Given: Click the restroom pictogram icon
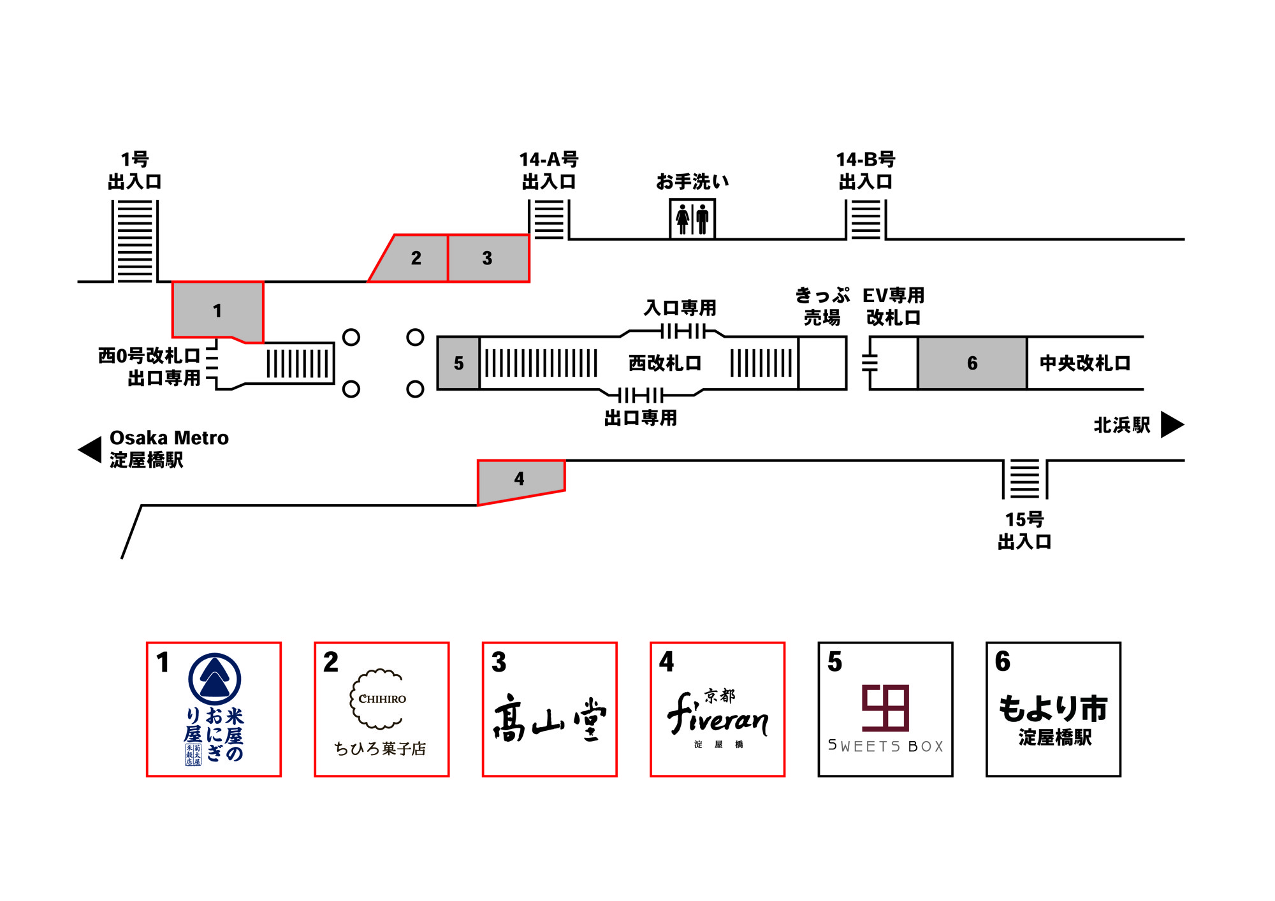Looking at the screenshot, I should point(692,219).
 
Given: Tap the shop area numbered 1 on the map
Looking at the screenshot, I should point(217,310).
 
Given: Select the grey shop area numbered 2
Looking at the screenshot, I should point(415,258).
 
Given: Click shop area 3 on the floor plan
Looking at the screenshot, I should point(488,258).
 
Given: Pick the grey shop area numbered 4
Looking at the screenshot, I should point(520,479).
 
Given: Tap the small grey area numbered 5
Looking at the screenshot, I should point(458,363).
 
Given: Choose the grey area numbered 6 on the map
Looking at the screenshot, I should point(972,363).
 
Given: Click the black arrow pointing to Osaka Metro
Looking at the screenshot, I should point(90,450).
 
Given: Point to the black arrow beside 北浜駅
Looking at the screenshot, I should point(1172,424).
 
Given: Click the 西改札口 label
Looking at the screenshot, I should point(665,363).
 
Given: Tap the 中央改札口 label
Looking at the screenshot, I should point(1085,363).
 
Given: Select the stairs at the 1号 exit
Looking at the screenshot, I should point(135,241).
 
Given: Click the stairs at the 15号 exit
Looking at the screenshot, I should point(1024,479).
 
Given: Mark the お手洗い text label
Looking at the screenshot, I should point(692,182).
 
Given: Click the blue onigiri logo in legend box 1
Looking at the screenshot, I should point(215,679).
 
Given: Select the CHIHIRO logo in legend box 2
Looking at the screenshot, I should point(381,699).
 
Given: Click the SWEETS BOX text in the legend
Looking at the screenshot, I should point(885,746).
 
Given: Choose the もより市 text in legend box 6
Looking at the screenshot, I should point(1053,709).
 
